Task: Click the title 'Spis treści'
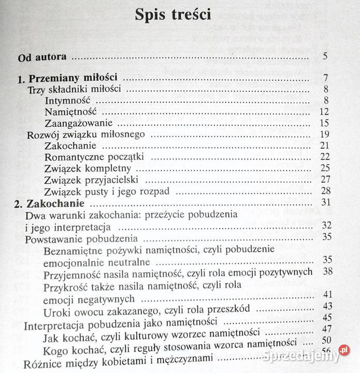[173, 15]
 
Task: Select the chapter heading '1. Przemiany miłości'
[66, 79]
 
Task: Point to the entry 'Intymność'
[68, 101]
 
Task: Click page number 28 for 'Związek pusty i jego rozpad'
[325, 191]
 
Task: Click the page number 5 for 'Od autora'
[324, 57]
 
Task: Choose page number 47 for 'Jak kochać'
[326, 328]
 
